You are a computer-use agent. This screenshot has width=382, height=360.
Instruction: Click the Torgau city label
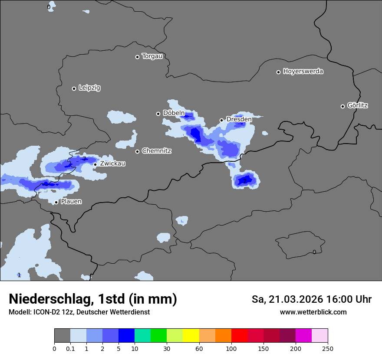click(152, 56)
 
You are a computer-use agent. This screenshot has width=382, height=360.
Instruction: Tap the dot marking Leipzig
click(74, 88)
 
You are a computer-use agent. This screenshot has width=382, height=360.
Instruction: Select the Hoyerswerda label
click(303, 72)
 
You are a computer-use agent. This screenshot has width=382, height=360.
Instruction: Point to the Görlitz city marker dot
click(342, 106)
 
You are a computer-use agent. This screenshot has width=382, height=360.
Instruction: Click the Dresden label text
click(239, 119)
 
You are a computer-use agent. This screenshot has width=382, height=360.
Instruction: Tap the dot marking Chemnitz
click(138, 151)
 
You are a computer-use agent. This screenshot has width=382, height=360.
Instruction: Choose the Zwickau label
click(112, 164)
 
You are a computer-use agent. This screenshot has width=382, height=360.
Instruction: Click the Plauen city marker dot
click(56, 202)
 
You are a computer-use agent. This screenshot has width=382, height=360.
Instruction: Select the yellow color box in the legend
click(191, 336)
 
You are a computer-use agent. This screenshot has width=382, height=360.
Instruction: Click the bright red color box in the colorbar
click(239, 336)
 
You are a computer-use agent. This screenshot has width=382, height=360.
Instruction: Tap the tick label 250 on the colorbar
click(328, 349)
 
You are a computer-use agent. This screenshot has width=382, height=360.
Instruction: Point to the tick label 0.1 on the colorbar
click(70, 349)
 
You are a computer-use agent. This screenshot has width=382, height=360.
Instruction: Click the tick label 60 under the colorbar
click(199, 349)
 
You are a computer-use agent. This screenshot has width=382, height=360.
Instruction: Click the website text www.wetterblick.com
click(313, 312)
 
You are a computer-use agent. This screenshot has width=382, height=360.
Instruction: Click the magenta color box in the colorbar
click(303, 336)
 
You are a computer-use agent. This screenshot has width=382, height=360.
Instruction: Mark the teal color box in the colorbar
click(143, 336)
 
